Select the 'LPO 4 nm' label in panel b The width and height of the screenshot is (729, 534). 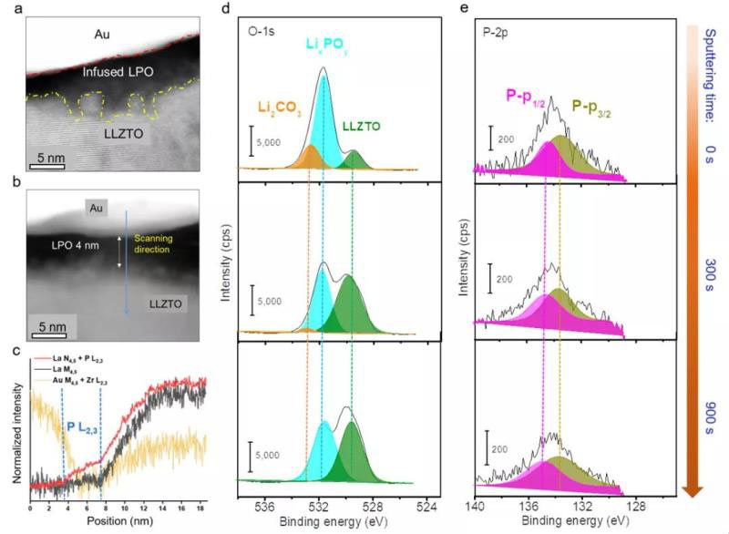point(74,244)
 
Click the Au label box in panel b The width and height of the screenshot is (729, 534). point(94,209)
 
